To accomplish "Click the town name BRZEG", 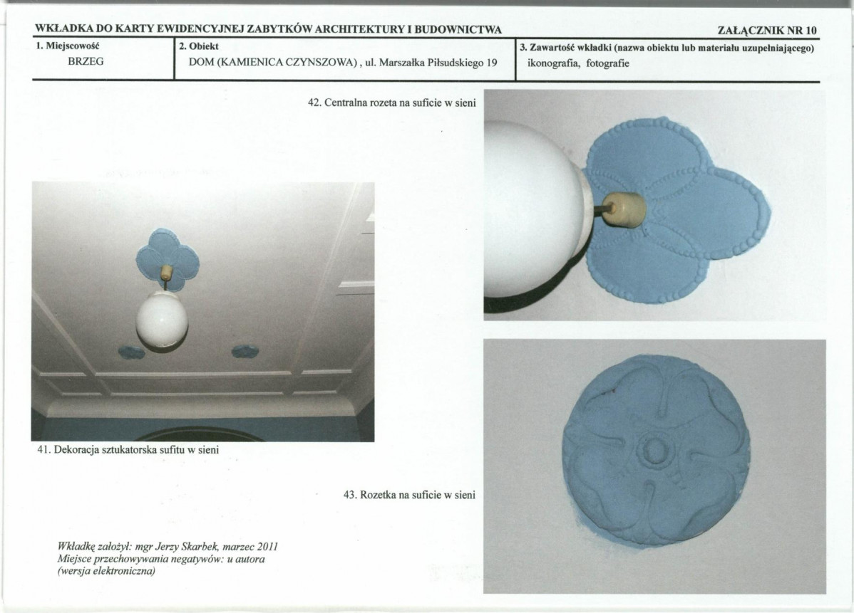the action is pos(86,61).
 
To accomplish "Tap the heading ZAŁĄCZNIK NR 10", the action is pos(767,31).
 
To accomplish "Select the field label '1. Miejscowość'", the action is pos(68,46).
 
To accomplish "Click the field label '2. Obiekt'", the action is pos(199,46).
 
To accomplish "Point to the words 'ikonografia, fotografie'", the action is pos(578,63).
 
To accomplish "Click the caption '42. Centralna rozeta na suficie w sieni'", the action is pos(391,103).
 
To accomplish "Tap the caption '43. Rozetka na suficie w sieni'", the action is pos(409,495).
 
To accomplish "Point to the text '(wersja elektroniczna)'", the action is pos(106,572).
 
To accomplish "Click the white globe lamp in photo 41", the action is pos(162,321).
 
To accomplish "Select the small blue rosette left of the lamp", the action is pos(131,352).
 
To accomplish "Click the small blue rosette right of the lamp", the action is pos(246,352).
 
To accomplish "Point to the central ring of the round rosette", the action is pos(654,450).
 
